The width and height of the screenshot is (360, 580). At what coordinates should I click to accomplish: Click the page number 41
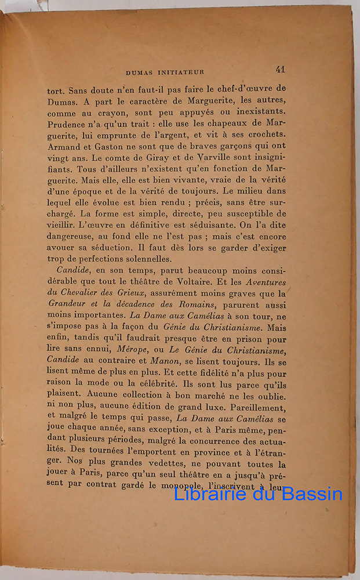[x=280, y=70]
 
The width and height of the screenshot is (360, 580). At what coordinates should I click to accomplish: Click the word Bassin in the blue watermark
[x=310, y=494]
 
